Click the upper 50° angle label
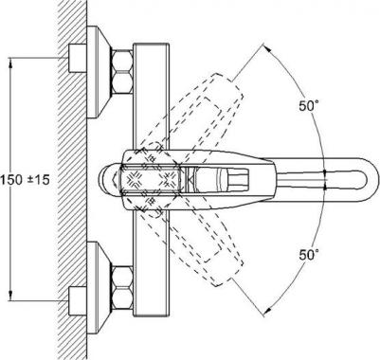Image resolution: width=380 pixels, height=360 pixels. [309, 106]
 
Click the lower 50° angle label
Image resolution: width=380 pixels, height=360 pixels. [309, 255]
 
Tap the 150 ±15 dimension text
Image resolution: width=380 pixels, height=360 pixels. [26, 180]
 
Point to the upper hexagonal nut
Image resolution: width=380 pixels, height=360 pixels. [122, 72]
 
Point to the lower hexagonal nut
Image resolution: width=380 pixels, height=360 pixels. [122, 288]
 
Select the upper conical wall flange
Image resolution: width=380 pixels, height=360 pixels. [99, 72]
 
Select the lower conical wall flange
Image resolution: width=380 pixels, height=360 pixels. [99, 288]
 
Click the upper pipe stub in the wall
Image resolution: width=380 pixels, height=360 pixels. [78, 59]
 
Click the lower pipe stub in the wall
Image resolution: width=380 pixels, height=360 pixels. [78, 301]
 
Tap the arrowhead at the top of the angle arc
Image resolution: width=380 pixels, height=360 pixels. [267, 48]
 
